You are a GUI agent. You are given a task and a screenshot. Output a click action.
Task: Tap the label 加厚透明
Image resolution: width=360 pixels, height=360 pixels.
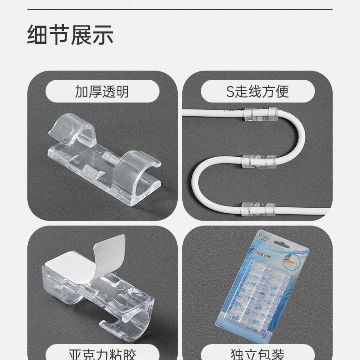[x=102, y=92]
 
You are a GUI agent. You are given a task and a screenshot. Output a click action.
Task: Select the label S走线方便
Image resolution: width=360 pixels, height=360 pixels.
[x=257, y=92]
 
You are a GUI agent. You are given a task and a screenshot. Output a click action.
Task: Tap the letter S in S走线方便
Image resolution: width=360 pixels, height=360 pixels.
[x=230, y=92]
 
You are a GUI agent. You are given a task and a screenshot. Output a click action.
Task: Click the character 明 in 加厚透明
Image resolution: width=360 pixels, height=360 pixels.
[x=122, y=92]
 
